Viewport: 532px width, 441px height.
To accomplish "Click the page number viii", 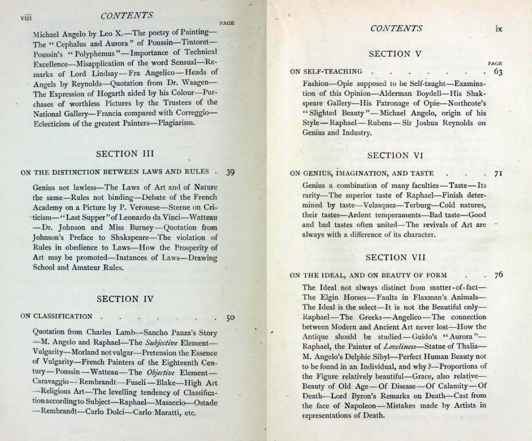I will [26, 17].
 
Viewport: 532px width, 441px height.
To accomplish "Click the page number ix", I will [499, 29].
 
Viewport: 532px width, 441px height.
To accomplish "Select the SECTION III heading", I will [125, 154].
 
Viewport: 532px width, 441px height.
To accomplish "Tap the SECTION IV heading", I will [125, 299].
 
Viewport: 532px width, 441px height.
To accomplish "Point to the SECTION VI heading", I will [395, 156].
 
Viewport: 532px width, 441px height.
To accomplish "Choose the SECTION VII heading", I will [395, 257].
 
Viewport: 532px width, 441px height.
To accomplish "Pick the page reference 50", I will [230, 317].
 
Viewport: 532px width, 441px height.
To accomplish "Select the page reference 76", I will [498, 275].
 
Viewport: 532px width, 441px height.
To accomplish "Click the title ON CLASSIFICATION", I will [56, 316].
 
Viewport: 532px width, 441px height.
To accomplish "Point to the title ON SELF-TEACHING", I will [326, 72].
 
